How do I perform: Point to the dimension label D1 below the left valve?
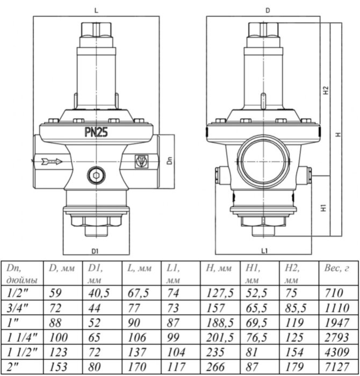pos(95,250)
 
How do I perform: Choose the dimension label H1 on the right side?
pos(326,207)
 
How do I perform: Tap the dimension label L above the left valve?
pos(96,10)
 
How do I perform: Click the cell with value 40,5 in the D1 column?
pos(97,293)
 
